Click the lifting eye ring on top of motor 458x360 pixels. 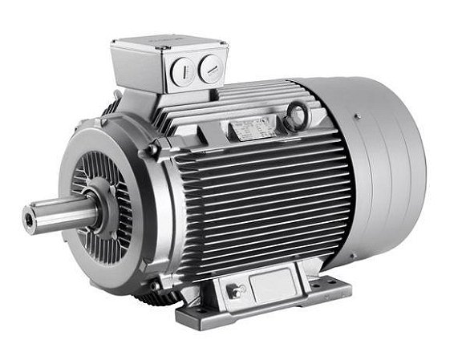298,117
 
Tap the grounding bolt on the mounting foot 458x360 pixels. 235,292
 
